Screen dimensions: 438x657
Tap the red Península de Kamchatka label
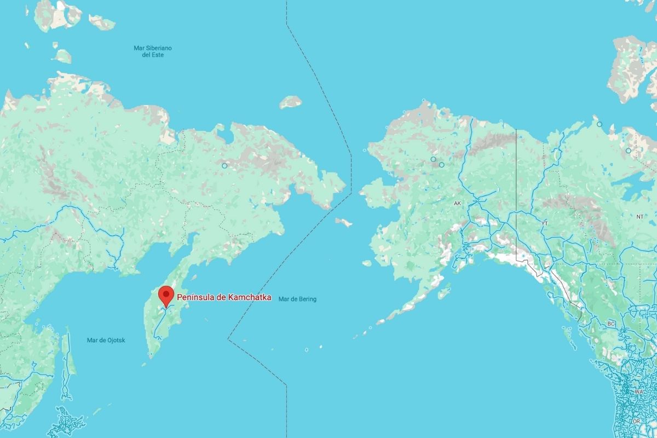(223, 297)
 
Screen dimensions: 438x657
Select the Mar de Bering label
(297, 299)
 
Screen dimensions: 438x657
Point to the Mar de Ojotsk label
(106, 340)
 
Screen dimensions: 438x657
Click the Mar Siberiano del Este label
(152, 51)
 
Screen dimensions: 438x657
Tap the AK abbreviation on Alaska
(458, 203)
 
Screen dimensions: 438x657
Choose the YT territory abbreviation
(544, 223)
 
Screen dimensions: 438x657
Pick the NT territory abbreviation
(639, 217)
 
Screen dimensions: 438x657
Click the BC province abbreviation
(611, 324)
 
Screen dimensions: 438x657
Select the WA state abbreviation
(638, 392)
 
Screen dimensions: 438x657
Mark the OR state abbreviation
(636, 421)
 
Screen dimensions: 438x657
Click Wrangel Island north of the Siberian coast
(290, 102)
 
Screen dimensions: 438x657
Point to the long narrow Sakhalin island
(66, 364)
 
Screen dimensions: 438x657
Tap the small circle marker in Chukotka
(224, 165)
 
